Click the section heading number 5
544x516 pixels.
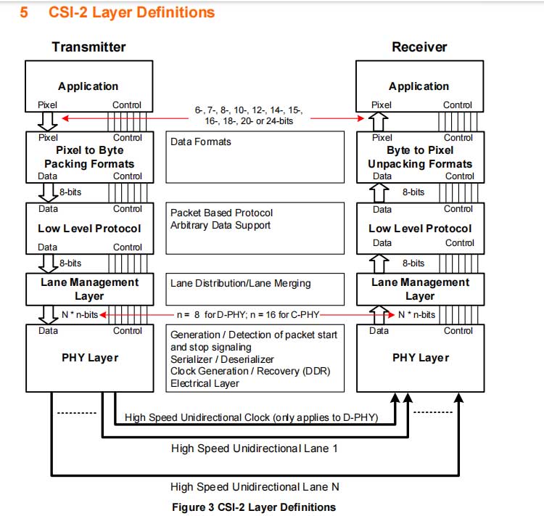[x=24, y=12]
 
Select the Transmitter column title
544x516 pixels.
[x=88, y=47]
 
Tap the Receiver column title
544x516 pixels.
[x=419, y=47]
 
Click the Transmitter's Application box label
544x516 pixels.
[x=88, y=86]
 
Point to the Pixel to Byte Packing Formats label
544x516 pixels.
[x=89, y=157]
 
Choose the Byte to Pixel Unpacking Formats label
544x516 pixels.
[x=420, y=157]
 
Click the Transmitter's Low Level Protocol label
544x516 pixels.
[x=88, y=229]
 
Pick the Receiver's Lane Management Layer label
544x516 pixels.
[x=420, y=289]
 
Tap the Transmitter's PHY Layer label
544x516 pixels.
[x=88, y=357]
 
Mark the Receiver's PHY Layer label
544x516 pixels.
[x=420, y=357]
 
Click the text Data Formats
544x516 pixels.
[x=201, y=142]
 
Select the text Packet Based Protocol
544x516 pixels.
[x=221, y=213]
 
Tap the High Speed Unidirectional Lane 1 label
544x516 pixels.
[x=255, y=449]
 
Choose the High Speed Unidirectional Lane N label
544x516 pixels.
[x=255, y=487]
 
